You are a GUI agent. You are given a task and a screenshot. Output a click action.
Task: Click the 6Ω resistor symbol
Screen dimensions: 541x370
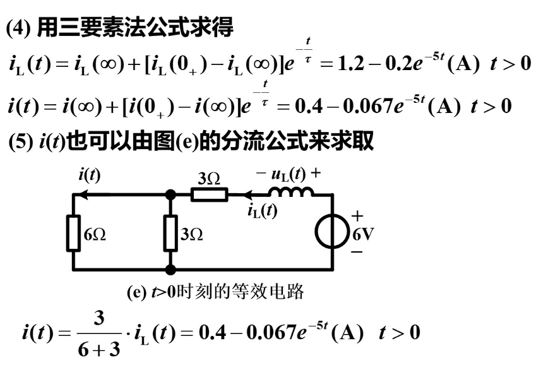tap(74, 234)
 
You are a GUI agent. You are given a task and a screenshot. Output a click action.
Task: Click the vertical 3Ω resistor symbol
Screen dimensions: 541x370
tap(170, 234)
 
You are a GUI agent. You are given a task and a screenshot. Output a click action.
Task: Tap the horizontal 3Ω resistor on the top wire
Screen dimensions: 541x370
tap(209, 194)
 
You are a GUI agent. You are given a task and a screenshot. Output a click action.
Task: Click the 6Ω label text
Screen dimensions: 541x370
tap(95, 235)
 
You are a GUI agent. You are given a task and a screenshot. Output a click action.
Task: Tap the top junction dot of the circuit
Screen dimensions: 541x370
tap(170, 195)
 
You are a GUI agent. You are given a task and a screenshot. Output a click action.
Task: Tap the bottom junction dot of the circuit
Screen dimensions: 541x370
tap(170, 270)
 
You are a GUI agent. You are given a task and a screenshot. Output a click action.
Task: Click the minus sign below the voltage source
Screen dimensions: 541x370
tap(358, 251)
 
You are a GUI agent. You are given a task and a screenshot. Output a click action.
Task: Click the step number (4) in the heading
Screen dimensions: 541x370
tap(20, 28)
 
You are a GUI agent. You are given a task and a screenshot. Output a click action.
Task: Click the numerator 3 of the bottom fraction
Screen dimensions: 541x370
tap(98, 318)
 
